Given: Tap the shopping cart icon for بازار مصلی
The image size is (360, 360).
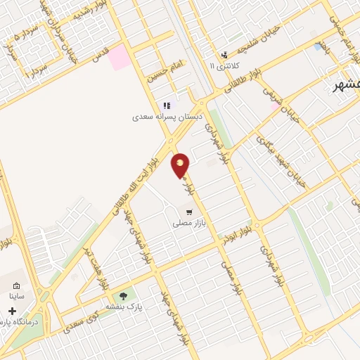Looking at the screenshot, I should pyautogui.click(x=188, y=212).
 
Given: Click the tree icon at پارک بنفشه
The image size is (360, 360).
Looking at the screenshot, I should pyautogui.click(x=124, y=296).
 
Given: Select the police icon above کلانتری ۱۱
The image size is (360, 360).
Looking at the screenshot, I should pyautogui.click(x=224, y=56).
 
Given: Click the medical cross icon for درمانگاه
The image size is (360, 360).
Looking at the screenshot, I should pyautogui.click(x=12, y=310).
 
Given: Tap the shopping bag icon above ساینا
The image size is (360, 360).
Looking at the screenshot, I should pyautogui.click(x=16, y=286).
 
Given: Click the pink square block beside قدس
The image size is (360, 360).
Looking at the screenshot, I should pyautogui.click(x=119, y=57).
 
